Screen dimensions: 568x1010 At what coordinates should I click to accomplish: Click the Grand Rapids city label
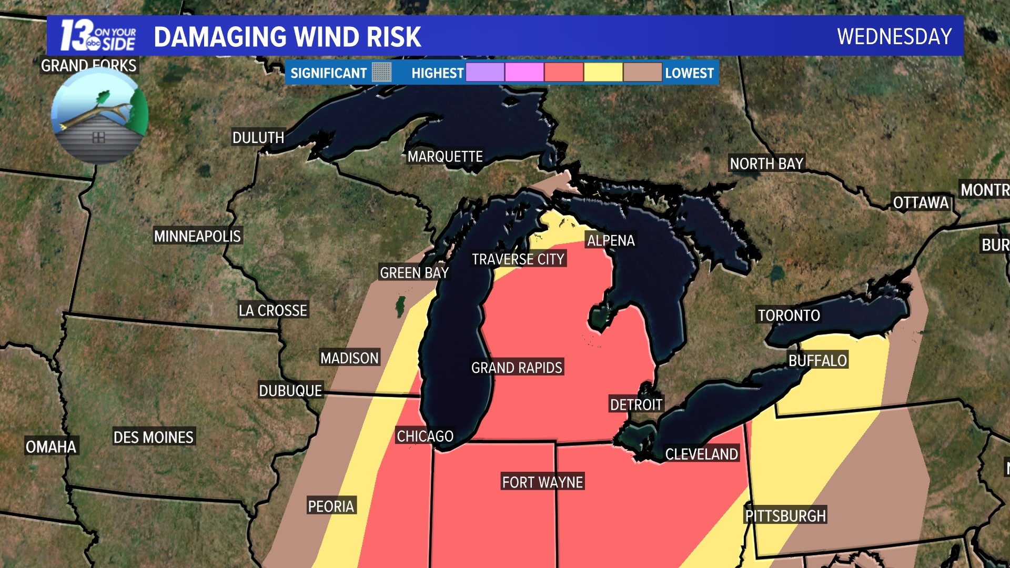[x=517, y=368]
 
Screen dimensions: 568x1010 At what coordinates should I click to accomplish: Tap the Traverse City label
[x=518, y=259]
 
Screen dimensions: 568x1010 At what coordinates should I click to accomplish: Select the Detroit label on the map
[x=636, y=404]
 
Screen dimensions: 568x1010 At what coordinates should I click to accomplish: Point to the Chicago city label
[x=425, y=436]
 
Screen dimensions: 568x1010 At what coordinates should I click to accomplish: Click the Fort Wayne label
[x=542, y=482]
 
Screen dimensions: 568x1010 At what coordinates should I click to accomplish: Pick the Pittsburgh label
[x=785, y=516]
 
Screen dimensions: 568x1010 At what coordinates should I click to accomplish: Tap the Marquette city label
[x=445, y=157]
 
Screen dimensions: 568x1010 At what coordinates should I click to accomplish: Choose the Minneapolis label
[x=197, y=236]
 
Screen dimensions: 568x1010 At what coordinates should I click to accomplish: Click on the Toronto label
[x=789, y=316]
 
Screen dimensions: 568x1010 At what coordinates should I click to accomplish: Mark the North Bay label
[x=766, y=164]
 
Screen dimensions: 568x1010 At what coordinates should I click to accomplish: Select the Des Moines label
[x=154, y=437]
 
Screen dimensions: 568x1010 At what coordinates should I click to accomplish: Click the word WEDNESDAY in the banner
[x=894, y=37]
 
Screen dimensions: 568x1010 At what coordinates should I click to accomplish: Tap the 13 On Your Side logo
[x=98, y=36]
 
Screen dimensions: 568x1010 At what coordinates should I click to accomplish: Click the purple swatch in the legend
[x=485, y=73]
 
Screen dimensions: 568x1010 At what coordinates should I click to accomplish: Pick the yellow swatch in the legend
[x=603, y=73]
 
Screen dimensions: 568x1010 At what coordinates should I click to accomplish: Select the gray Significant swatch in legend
[x=382, y=73]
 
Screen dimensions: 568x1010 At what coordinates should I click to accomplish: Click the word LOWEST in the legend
[x=689, y=73]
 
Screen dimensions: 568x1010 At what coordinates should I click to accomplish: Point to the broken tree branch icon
[x=100, y=115]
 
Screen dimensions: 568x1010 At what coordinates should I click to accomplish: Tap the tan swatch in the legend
[x=642, y=73]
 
